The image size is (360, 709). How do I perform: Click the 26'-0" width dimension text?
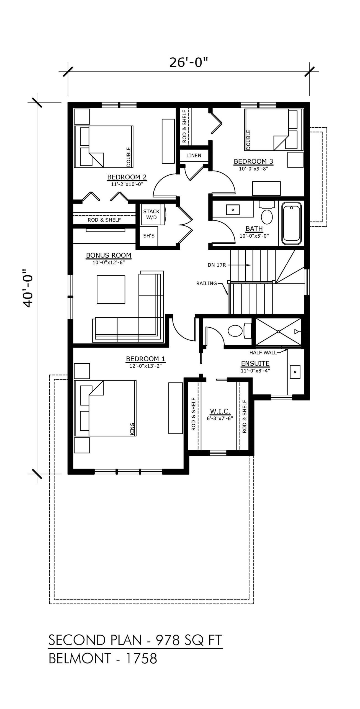coord(188,63)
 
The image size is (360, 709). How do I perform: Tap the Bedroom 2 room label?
coord(127,177)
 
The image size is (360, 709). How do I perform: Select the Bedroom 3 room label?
coord(254,161)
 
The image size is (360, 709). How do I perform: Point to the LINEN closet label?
coord(194,155)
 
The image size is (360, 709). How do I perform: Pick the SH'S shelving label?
coord(149,236)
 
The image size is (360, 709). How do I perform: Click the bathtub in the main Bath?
coord(291,224)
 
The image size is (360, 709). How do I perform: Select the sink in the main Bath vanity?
coord(233,210)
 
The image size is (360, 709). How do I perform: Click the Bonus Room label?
coord(109,255)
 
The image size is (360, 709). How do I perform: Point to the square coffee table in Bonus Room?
coord(111,289)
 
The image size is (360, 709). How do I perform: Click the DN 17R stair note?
coord(217,265)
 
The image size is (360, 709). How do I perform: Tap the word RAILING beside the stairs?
coord(207,283)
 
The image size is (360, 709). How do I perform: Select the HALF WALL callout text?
coord(263,353)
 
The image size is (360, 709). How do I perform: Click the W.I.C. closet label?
coord(220,411)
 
